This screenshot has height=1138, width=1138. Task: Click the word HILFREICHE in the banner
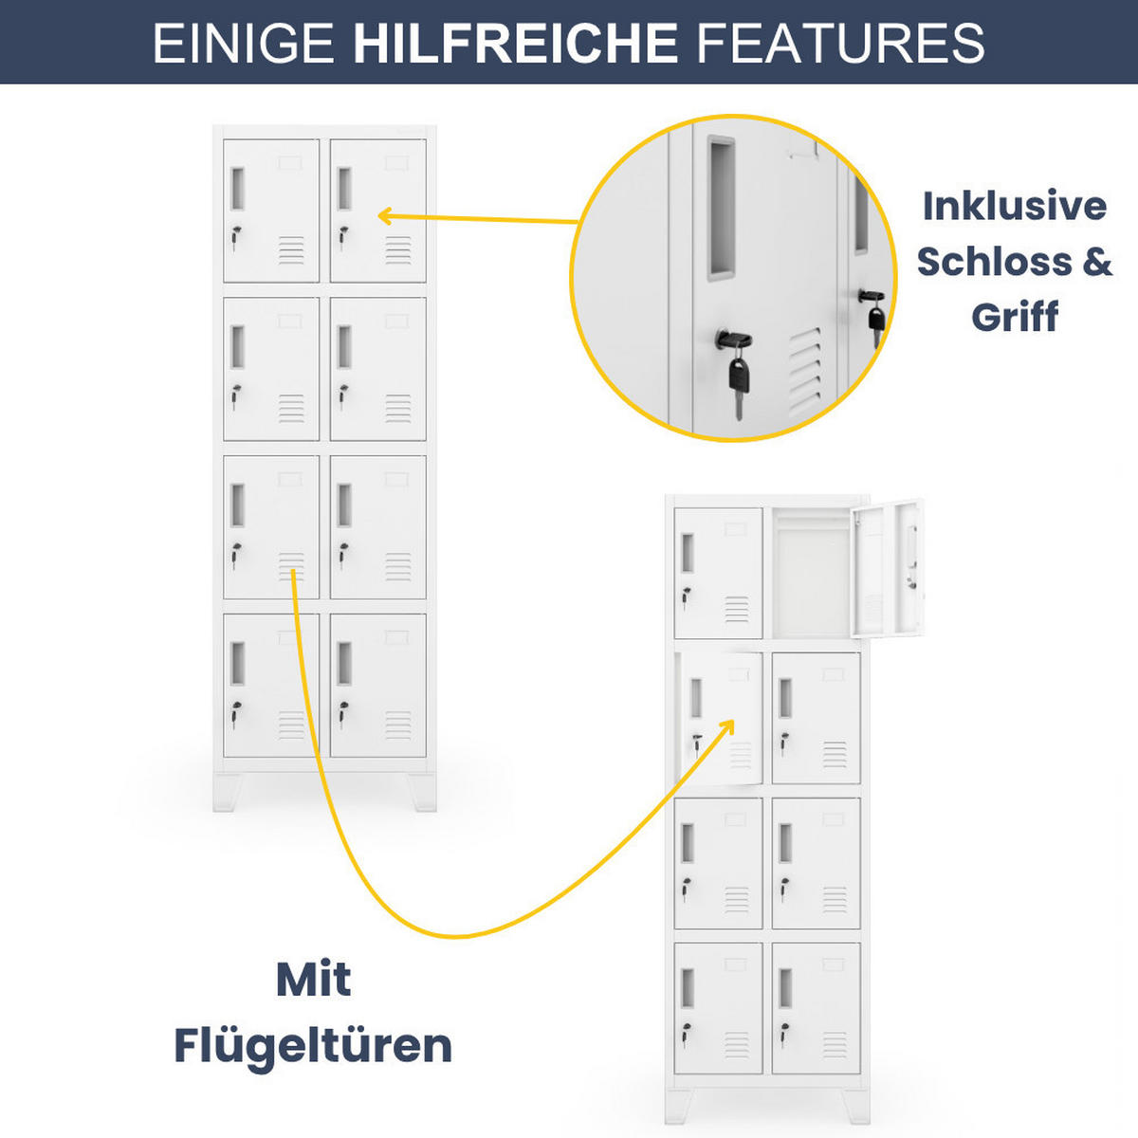point(515,43)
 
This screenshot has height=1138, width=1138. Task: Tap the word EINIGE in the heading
point(244,43)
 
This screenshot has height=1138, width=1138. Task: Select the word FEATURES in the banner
point(840,43)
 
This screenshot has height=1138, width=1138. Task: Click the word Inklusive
point(1015,206)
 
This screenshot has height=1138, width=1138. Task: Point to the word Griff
point(1015,317)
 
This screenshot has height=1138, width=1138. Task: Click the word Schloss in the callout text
point(994,261)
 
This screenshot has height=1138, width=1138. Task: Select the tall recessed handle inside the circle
point(722,207)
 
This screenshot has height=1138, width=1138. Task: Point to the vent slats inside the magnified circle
point(805,371)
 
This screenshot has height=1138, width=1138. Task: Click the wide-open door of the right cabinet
point(888,569)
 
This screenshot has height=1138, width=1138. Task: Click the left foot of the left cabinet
point(228,793)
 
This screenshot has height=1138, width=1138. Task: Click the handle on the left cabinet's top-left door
point(237,189)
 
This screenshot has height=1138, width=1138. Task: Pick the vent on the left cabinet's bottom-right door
point(398,725)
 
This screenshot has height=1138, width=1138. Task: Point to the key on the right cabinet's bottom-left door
point(685,1033)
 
